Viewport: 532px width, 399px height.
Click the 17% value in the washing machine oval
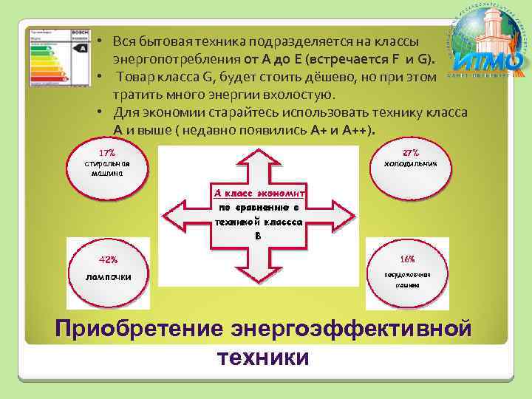tap(106, 153)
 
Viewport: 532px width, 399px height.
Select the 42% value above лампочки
tap(108, 259)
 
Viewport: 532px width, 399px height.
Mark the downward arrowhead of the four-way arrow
tap(258, 277)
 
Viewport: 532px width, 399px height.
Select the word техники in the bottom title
tap(262, 358)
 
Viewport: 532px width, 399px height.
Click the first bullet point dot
tap(98, 41)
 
